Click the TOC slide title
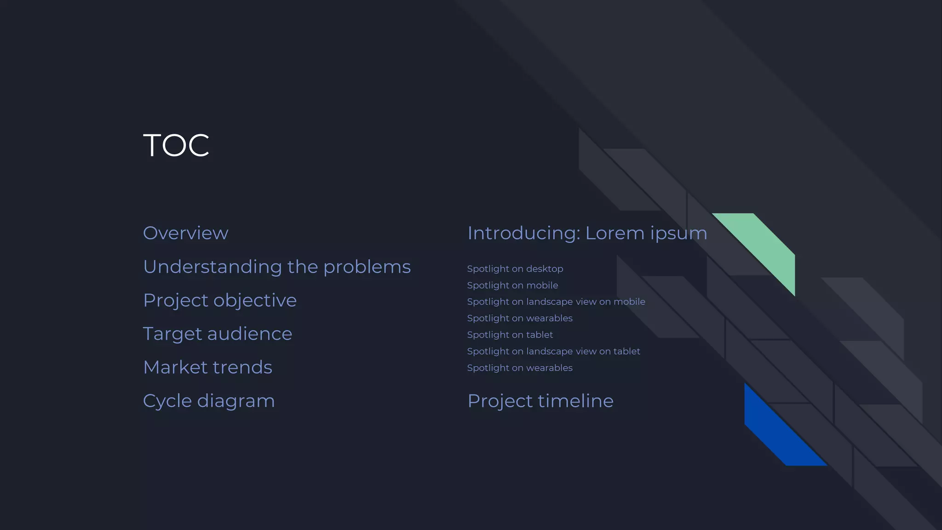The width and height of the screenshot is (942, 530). pos(176,145)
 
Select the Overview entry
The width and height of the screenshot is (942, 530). pos(185,233)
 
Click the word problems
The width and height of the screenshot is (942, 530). pos(367,267)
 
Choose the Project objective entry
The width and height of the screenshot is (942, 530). pos(219,300)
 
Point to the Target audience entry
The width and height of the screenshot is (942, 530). pos(217,334)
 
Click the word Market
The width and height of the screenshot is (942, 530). pos(175,368)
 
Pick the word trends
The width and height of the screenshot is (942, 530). pos(242,368)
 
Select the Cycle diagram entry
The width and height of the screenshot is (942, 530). pos(208,401)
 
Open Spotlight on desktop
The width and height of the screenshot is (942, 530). pos(515,269)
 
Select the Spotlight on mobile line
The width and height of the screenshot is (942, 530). pos(512,285)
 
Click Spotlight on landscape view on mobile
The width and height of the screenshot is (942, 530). pos(556,302)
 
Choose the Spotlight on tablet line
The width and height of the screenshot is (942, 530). pos(510,335)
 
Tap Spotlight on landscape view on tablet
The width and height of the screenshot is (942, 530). pos(553,351)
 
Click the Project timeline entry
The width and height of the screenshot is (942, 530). pos(540,401)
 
